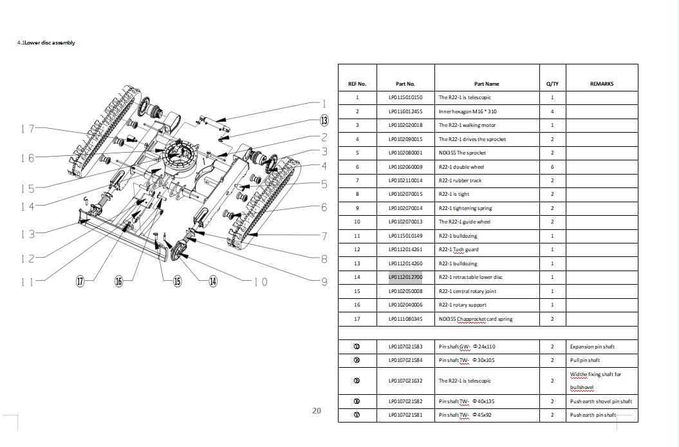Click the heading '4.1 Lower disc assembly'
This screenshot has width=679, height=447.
coord(46,43)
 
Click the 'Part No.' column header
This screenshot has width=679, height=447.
coord(405,84)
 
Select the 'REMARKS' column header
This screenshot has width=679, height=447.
coord(601,84)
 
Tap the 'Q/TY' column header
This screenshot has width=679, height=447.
coord(552,84)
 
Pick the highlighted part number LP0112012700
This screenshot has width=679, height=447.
coord(405,277)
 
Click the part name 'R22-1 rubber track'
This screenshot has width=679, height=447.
coord(460,180)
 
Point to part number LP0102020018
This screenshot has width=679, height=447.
coord(405,125)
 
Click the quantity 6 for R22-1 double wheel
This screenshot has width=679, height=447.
coord(552,167)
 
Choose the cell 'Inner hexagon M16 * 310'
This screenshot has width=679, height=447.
coord(467,111)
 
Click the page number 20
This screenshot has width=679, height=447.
coord(316,410)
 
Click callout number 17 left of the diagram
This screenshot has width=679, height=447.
coord(26,128)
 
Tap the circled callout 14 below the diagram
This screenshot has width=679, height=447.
coord(212,281)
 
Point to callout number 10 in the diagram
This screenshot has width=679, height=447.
coord(261,281)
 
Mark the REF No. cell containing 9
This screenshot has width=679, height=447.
coord(357,208)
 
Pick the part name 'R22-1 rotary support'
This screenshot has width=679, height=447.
coord(462,305)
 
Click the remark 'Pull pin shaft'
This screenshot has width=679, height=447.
coord(584,360)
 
